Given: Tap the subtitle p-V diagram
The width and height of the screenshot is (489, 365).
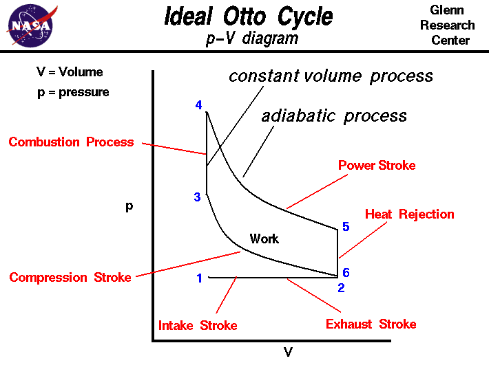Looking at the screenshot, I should [252, 38].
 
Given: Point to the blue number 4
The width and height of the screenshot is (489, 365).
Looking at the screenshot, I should [199, 105].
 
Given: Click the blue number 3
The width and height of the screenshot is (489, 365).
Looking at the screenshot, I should [197, 197].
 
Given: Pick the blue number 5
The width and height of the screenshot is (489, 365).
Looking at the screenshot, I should [346, 227].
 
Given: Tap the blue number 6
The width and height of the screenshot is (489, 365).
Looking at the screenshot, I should [346, 272].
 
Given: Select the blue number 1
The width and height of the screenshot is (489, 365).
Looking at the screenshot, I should [199, 278].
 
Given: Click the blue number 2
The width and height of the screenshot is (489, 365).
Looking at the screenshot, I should [340, 288].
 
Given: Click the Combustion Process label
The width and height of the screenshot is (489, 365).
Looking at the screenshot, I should [71, 142].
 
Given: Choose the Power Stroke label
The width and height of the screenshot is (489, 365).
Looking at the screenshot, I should [377, 166].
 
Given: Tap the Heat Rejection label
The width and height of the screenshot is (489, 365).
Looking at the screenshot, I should [409, 214].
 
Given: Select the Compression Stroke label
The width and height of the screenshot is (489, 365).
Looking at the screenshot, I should [70, 278].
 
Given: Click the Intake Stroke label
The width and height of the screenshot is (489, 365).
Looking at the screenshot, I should [198, 325].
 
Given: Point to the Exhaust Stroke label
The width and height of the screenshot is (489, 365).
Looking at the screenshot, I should [371, 324].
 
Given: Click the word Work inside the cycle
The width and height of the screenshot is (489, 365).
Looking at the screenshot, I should [264, 239].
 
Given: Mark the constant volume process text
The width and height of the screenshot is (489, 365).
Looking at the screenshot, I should [331, 76].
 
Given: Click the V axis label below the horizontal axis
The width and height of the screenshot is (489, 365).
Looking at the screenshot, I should [288, 353].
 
